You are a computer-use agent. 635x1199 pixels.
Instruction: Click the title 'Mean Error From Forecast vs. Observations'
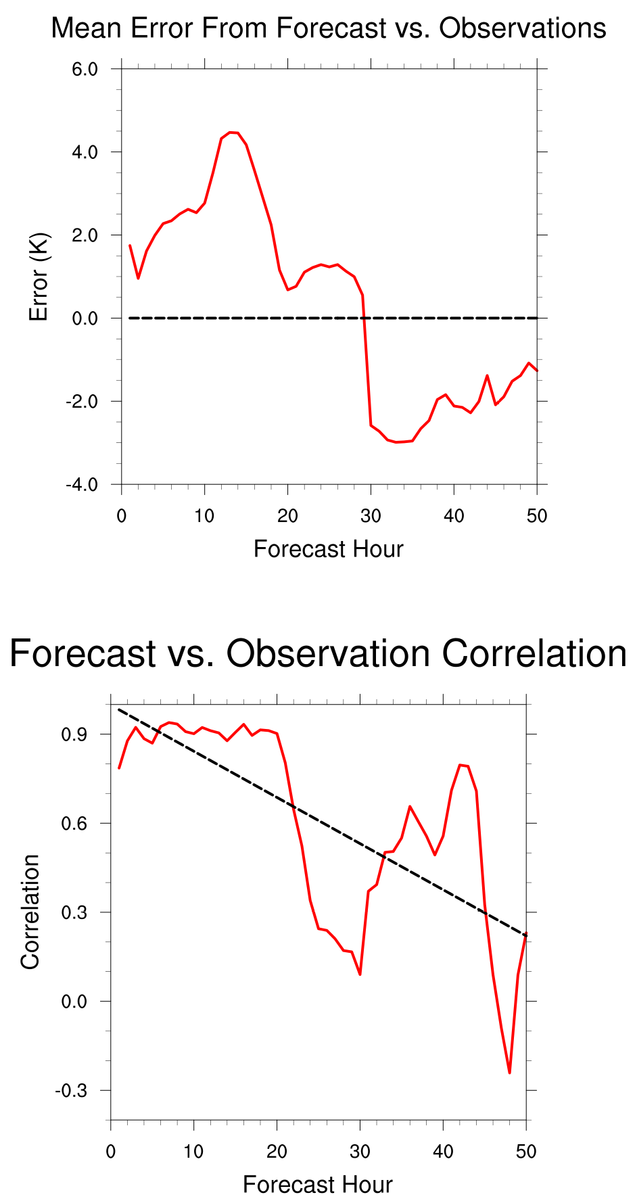coord(329,29)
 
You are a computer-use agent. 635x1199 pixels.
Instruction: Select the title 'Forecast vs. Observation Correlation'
coord(318,655)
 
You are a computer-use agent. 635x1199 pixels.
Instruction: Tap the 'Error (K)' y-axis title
coord(39,277)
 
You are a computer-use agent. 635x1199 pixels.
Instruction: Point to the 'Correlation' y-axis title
coord(30,912)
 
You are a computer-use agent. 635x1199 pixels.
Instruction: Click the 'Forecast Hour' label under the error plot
coord(328,549)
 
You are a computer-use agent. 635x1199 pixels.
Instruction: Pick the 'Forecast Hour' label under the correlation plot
coord(317,1185)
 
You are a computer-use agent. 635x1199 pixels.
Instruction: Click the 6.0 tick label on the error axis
coord(85,69)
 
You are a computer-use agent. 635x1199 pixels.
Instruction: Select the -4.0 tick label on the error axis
coord(82,485)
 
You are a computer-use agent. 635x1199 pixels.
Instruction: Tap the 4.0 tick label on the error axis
coord(85,152)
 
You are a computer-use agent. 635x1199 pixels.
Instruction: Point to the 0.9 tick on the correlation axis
coord(75,734)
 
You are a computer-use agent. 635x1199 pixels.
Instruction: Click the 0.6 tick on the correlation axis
coord(75,824)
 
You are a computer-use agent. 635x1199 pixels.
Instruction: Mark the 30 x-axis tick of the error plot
coord(371,516)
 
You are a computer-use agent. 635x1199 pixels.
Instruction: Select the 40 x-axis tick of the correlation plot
coord(443,1152)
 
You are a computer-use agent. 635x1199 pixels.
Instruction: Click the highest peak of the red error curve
coord(230,133)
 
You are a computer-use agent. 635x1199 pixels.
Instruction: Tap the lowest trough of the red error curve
coord(396,442)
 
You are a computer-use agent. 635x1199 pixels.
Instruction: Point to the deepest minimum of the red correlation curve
coord(509,1073)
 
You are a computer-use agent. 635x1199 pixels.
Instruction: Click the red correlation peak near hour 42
coord(461,765)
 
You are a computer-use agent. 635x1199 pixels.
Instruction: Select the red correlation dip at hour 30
coord(360,974)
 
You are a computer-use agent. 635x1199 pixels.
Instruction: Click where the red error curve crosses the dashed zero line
coord(364,318)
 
